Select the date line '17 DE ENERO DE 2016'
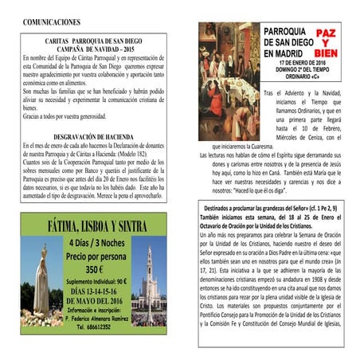click(x=299, y=62)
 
